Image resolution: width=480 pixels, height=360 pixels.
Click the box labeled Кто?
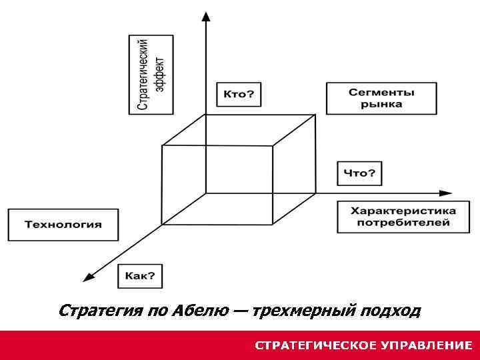pyautogui.click(x=239, y=94)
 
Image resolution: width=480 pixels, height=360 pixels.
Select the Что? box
pyautogui.click(x=359, y=173)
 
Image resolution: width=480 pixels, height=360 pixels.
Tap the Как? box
pyautogui.click(x=140, y=276)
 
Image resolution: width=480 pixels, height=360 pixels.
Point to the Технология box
pyautogui.click(x=63, y=225)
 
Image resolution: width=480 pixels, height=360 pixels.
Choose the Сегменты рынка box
pyautogui.click(x=381, y=98)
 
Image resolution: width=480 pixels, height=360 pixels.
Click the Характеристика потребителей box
pyautogui.click(x=403, y=217)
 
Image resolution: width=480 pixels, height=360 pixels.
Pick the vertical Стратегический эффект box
pyautogui.click(x=151, y=74)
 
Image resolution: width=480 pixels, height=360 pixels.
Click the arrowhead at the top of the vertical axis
pyautogui.click(x=206, y=16)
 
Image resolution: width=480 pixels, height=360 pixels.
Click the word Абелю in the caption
pyautogui.click(x=197, y=311)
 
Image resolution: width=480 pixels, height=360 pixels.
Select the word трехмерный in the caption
pyautogui.click(x=303, y=311)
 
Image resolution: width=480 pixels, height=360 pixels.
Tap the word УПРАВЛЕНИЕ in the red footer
pyautogui.click(x=426, y=345)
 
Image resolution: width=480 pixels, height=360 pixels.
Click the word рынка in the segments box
pyautogui.click(x=381, y=104)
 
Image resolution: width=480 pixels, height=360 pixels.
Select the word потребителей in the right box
pyautogui.click(x=403, y=223)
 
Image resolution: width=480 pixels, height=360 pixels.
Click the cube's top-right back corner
pyautogui.click(x=315, y=115)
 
